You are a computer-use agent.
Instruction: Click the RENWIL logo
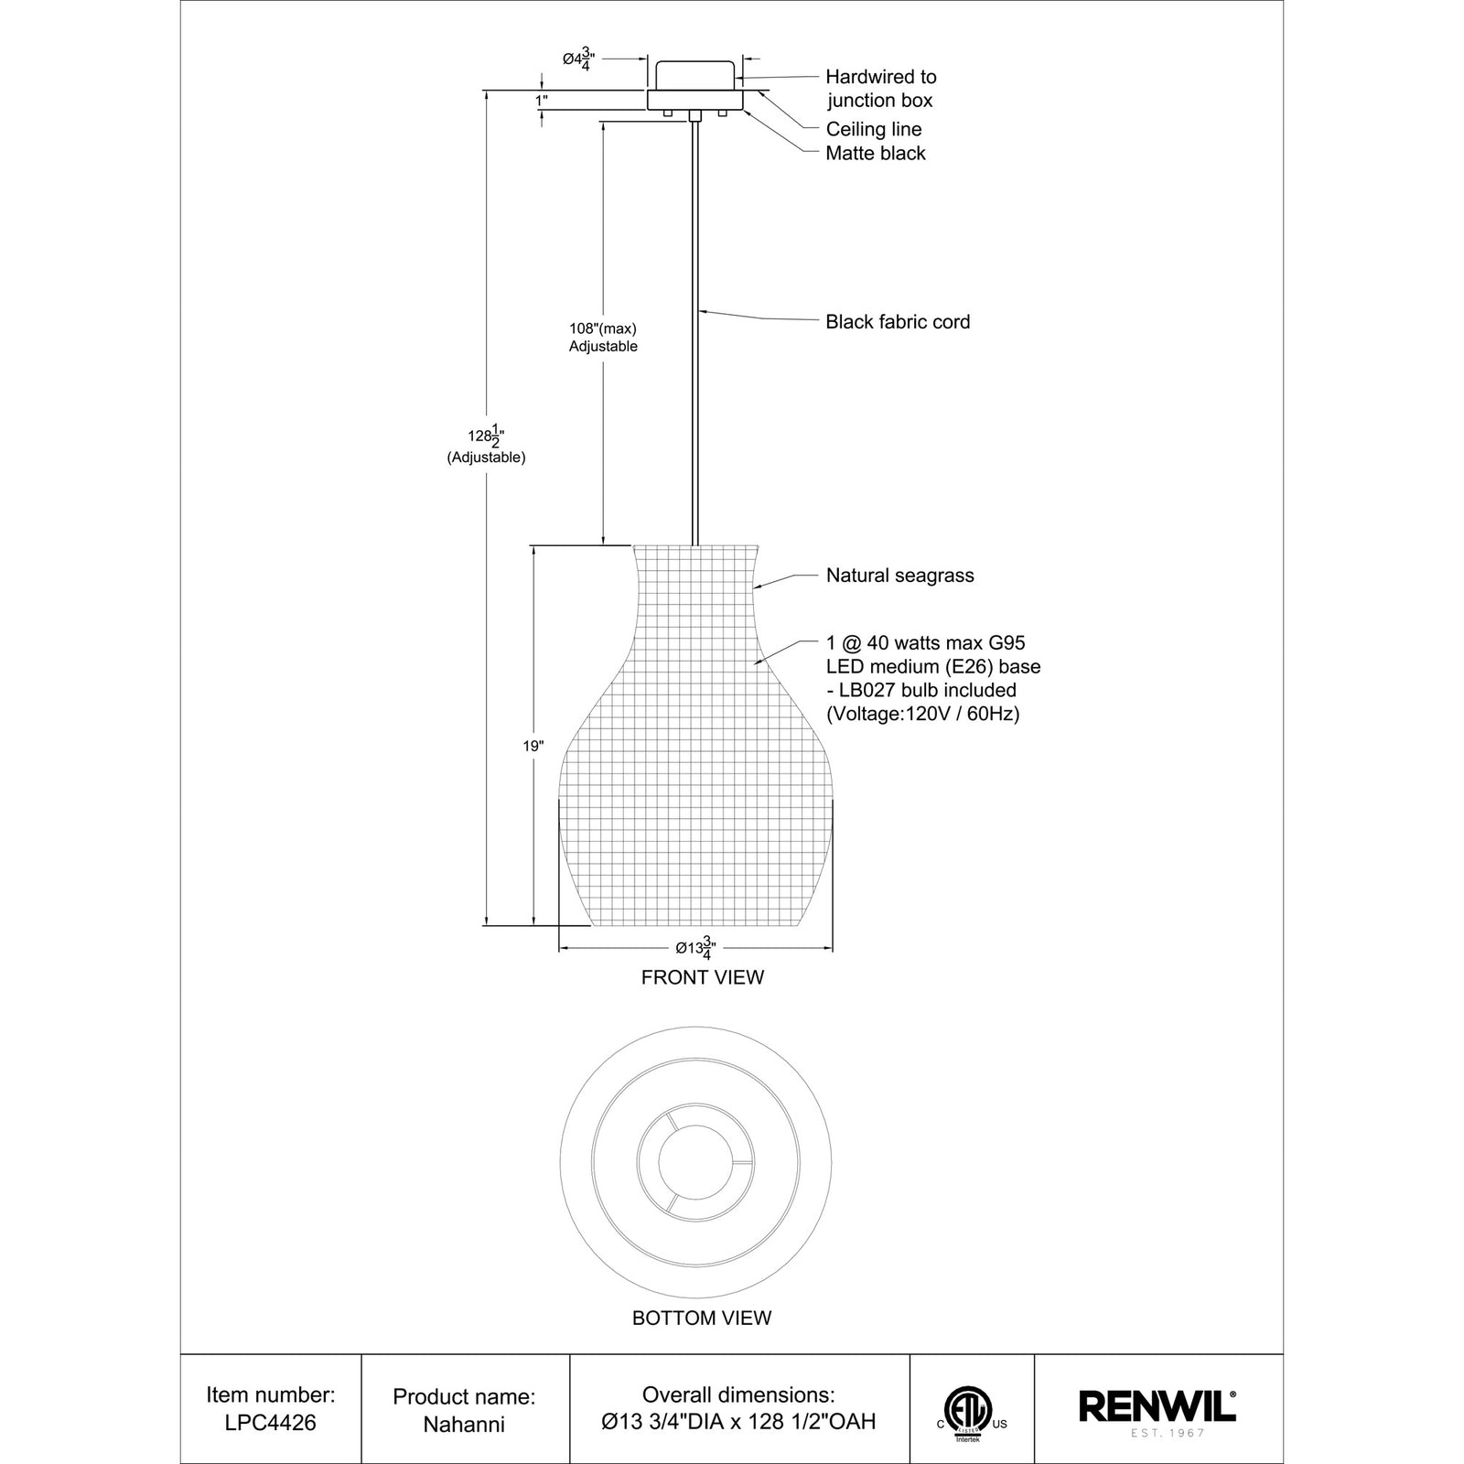click(x=1157, y=1407)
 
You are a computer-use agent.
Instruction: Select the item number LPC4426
click(x=271, y=1424)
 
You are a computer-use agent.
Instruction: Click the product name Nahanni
click(x=464, y=1424)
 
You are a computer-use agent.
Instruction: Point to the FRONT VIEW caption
click(x=702, y=977)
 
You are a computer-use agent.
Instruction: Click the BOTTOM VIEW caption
click(x=702, y=1318)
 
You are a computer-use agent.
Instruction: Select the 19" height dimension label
click(x=533, y=746)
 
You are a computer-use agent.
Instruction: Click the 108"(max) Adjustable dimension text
click(x=602, y=337)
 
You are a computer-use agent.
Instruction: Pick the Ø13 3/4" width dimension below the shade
click(x=695, y=949)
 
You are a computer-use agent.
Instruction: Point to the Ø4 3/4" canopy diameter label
click(x=579, y=59)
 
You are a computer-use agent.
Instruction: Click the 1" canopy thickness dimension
click(x=541, y=100)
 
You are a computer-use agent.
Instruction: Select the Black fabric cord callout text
click(x=897, y=321)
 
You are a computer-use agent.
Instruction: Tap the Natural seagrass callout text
click(x=899, y=576)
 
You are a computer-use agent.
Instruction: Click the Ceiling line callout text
click(x=873, y=129)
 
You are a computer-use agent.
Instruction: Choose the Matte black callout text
click(x=876, y=153)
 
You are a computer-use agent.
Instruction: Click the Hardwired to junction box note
click(x=880, y=89)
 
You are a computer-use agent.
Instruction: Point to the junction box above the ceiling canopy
click(x=695, y=74)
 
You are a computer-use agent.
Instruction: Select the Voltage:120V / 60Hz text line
click(x=922, y=714)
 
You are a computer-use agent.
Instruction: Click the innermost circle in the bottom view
click(x=695, y=1162)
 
